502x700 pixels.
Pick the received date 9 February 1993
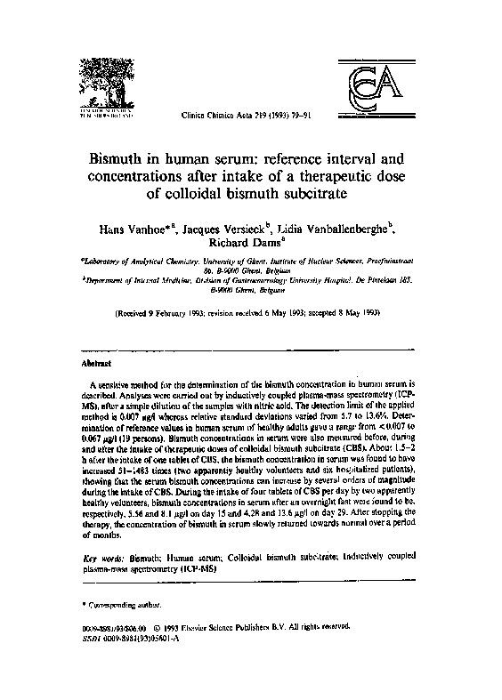188,314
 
